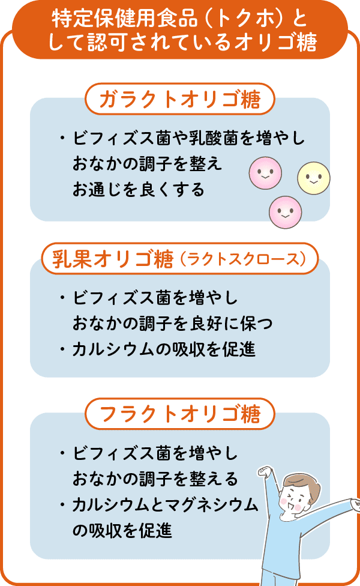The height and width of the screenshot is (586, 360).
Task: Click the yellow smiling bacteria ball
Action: point(314,178)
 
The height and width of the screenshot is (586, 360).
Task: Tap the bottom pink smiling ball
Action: point(286,212)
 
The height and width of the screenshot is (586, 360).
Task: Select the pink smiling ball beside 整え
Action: point(266,173)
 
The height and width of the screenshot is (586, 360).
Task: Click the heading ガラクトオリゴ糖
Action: point(180,100)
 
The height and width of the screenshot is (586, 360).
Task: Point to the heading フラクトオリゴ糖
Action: point(180,414)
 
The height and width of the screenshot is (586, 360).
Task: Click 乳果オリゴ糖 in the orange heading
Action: point(113,259)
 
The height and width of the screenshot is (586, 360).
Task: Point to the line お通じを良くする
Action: point(139,189)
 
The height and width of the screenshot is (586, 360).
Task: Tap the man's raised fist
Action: point(265,471)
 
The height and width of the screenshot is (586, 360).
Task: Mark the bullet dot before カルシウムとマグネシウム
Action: point(62,504)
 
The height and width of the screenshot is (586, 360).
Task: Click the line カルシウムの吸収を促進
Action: point(164,349)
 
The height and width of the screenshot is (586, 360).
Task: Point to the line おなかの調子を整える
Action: point(155,479)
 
